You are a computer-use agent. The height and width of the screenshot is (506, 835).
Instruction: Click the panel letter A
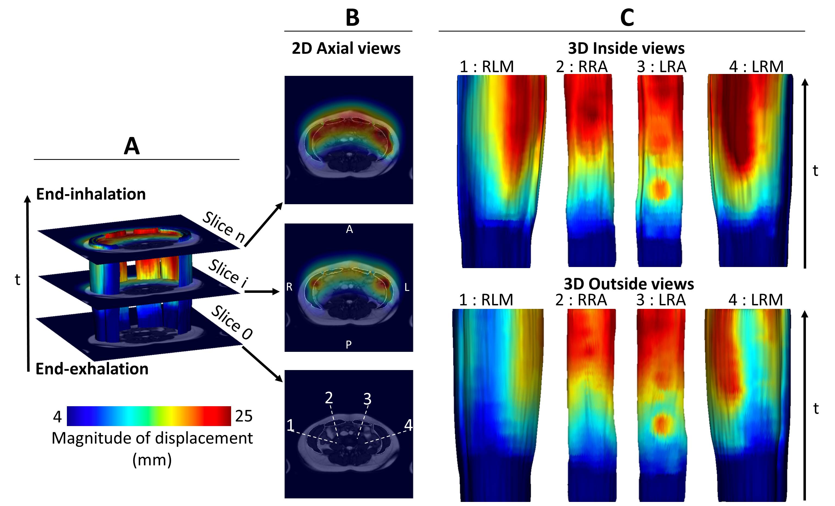coord(132,146)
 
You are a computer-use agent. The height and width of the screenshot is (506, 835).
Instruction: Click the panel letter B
coord(352,18)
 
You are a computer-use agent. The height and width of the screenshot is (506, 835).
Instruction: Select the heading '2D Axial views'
coord(346,48)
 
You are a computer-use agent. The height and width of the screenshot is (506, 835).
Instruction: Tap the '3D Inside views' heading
coord(626,48)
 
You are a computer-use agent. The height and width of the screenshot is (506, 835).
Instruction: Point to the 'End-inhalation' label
coord(91,194)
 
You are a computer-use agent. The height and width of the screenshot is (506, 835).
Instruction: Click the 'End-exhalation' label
coord(92,369)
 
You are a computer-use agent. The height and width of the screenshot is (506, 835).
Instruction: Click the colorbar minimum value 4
coord(57,417)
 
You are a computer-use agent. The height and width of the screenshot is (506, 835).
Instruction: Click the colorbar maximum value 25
coord(244,416)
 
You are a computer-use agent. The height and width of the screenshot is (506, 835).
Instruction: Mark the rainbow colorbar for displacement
coord(149,416)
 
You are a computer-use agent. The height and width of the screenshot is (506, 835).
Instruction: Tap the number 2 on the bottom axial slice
coord(329,398)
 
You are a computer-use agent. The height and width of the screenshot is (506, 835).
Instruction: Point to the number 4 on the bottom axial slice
coord(408,425)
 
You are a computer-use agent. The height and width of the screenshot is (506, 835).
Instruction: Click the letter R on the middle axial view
coord(289,287)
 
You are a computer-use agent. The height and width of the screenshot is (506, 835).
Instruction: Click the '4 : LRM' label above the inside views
coord(756,66)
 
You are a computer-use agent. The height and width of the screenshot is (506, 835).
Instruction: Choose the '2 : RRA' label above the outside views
coord(581,300)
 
